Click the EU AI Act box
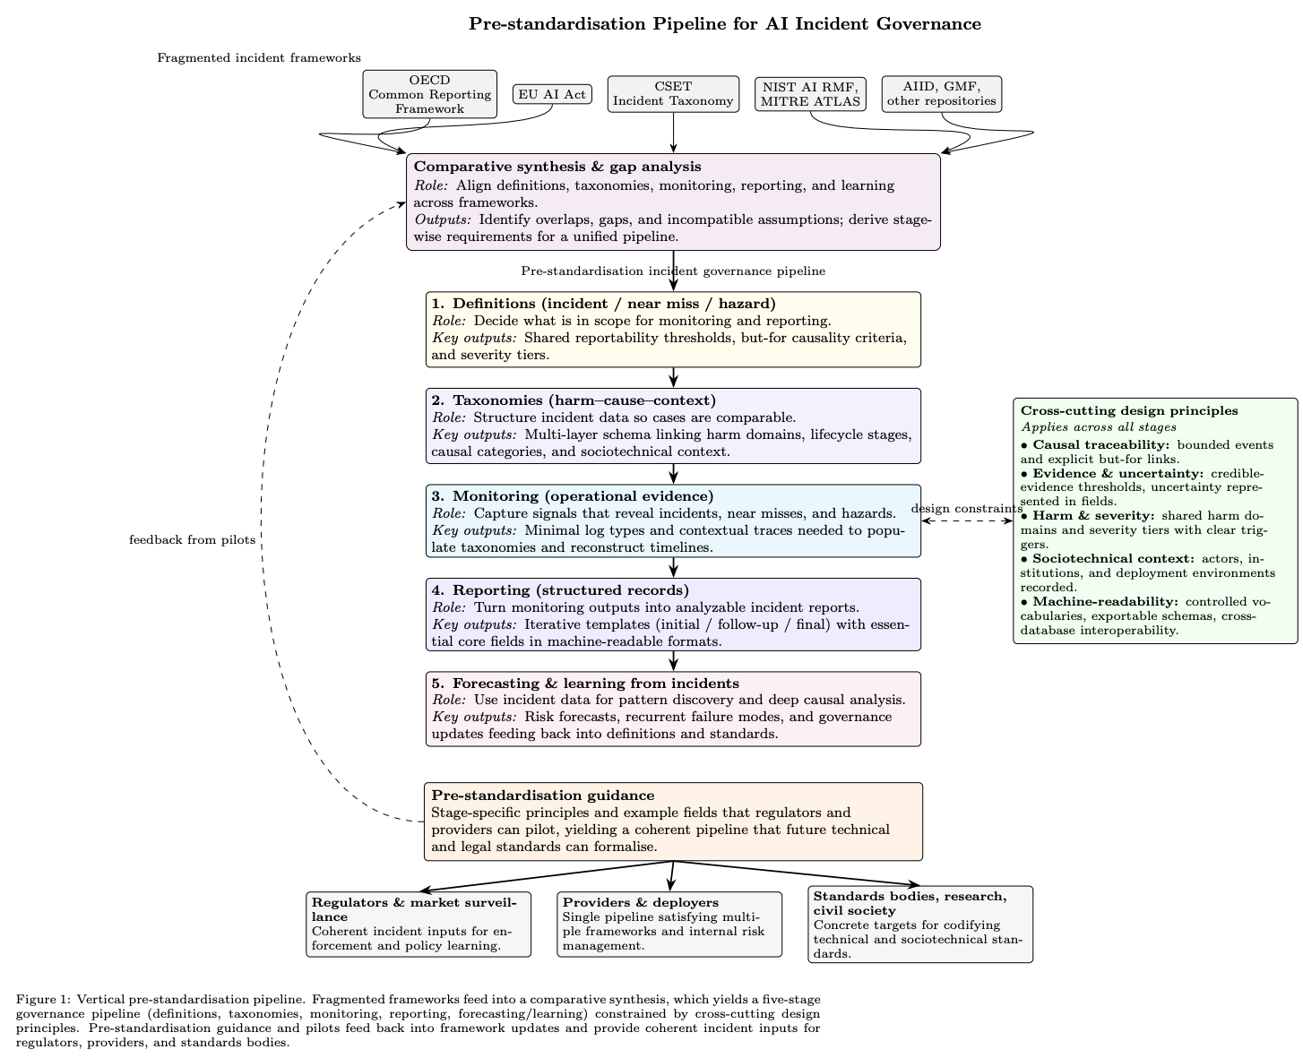[552, 94]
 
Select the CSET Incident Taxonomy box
[672, 94]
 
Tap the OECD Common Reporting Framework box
[429, 94]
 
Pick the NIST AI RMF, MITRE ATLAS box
[810, 94]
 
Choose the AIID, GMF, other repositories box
[941, 94]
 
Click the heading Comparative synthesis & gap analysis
[557, 167]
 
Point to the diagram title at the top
[724, 24]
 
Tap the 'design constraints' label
[966, 509]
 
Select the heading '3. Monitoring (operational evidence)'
[572, 496]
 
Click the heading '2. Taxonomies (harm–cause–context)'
[573, 400]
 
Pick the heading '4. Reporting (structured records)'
[559, 589]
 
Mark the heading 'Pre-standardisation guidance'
[542, 796]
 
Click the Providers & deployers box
[669, 924]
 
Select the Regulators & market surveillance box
[419, 924]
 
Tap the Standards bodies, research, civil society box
[919, 924]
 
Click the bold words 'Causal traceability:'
[1083, 444]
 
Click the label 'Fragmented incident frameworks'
[258, 58]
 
